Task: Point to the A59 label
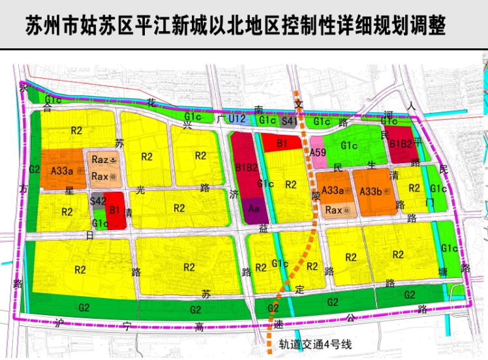click(318, 152)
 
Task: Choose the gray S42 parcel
click(99, 201)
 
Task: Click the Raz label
click(100, 159)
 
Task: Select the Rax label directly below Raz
click(100, 176)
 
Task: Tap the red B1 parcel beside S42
click(115, 210)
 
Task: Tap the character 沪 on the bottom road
click(61, 322)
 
